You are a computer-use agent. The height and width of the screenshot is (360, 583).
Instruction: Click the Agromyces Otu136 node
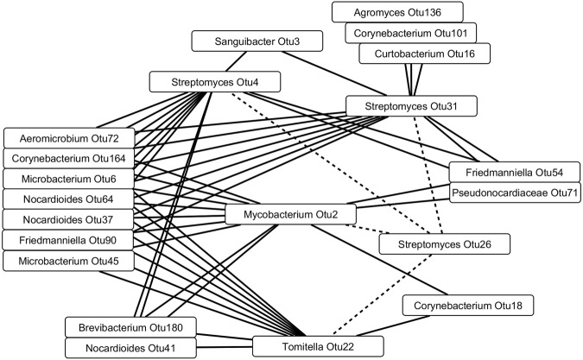pos(398,12)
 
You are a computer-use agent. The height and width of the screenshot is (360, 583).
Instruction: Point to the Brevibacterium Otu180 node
pos(130,327)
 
